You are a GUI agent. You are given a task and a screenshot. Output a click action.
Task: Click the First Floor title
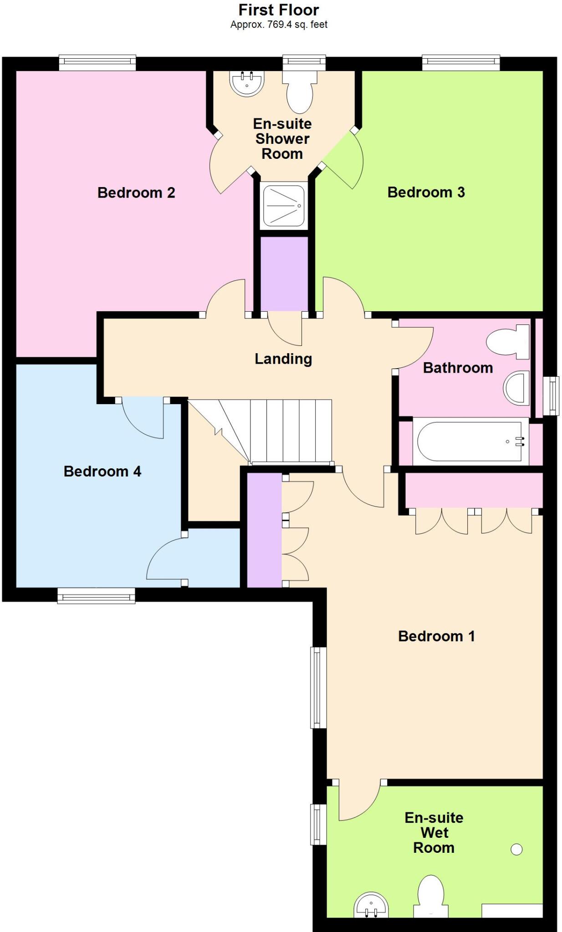click(x=279, y=10)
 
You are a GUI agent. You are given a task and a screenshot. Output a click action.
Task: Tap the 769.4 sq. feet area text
click(x=279, y=25)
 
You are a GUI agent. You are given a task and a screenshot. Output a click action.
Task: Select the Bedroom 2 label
click(x=136, y=192)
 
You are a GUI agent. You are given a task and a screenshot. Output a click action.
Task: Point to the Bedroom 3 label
click(x=426, y=192)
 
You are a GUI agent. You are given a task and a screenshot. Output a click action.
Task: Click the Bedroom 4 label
click(x=102, y=471)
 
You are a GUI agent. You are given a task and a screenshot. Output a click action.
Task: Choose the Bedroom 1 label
click(x=436, y=636)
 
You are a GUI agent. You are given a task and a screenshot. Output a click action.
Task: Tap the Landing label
click(x=283, y=359)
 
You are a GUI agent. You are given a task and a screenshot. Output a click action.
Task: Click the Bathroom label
click(x=458, y=368)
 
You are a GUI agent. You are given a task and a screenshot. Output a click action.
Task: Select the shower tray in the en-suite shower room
click(x=284, y=206)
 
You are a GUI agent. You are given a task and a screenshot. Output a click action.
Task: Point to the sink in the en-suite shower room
click(x=247, y=83)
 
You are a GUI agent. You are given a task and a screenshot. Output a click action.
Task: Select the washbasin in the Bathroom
click(x=517, y=388)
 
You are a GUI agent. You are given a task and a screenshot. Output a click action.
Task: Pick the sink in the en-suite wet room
click(x=371, y=906)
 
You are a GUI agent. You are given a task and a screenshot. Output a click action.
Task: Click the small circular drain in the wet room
click(x=516, y=849)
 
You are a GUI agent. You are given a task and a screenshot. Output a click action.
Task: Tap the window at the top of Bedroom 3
click(x=461, y=63)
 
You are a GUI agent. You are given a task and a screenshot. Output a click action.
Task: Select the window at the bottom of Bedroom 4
click(x=96, y=595)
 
